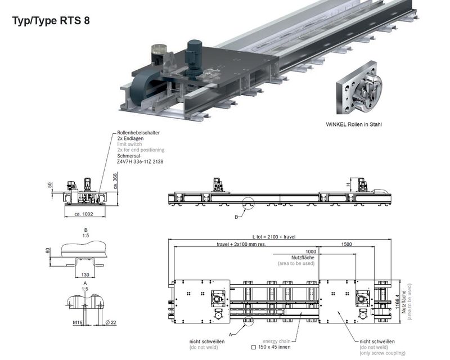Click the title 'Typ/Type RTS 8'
pyautogui.click(x=51, y=21)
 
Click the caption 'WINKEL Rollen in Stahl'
pyautogui.click(x=354, y=124)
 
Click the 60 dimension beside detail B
pyautogui.click(x=48, y=251)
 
